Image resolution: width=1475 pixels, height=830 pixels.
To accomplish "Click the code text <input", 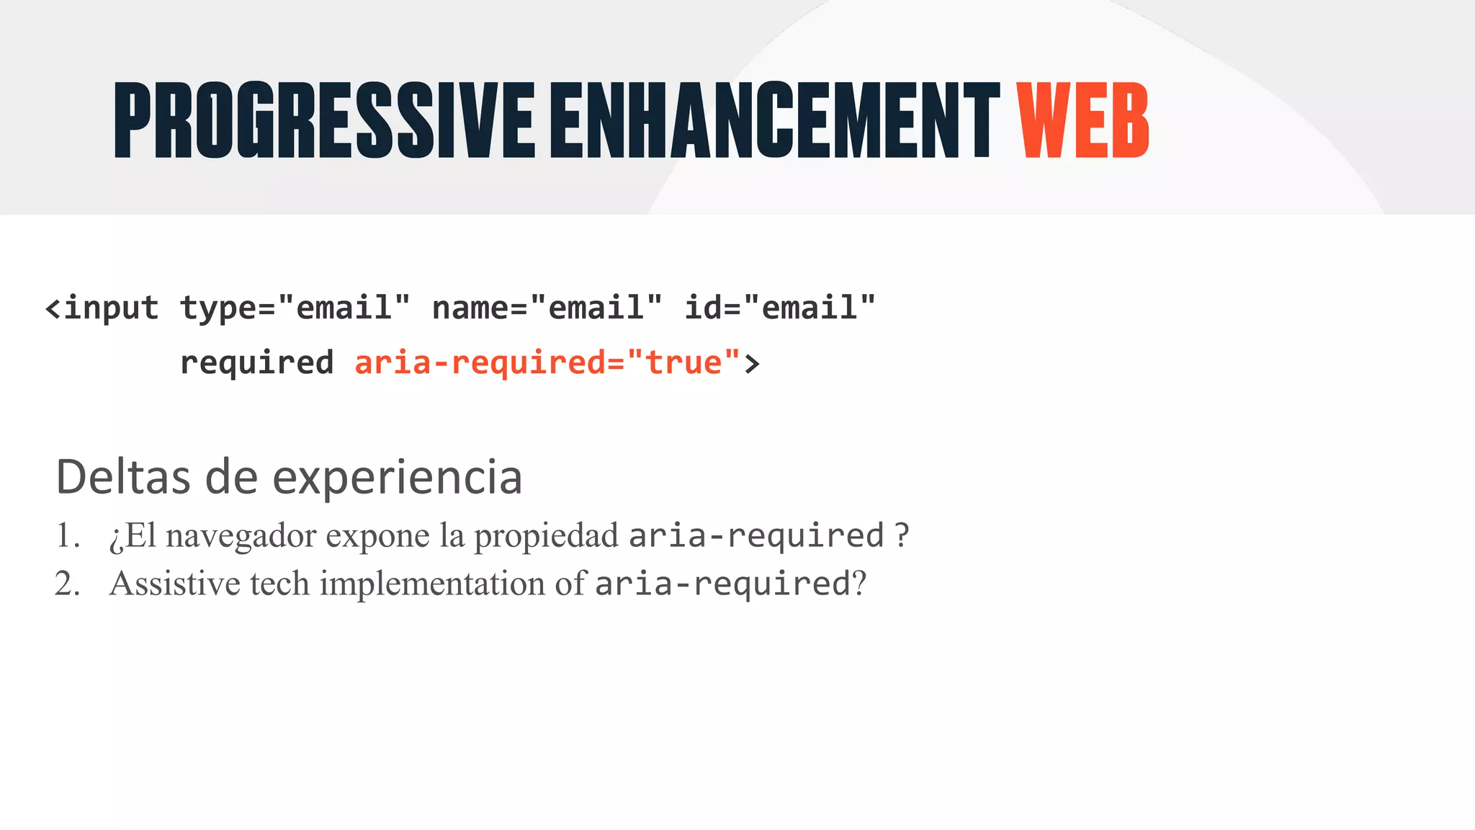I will click(x=102, y=308).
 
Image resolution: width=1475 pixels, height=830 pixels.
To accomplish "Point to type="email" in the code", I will click(x=295, y=308).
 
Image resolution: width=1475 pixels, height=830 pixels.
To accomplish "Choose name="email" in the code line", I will click(x=547, y=308).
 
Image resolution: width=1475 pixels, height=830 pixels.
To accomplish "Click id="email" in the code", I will click(x=779, y=308).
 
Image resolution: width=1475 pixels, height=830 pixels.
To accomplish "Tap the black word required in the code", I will click(x=256, y=362).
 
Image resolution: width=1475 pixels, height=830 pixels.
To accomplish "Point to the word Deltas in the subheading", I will click(x=123, y=477).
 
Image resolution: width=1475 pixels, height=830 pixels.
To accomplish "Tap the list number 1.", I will click(x=67, y=535).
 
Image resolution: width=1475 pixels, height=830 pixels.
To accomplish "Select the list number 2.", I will click(x=67, y=583).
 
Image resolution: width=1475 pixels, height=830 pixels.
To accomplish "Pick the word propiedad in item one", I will click(x=546, y=536).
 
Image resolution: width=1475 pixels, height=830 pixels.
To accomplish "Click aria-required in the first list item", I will click(x=756, y=536).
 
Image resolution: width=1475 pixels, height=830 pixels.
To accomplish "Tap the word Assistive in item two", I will click(x=174, y=583).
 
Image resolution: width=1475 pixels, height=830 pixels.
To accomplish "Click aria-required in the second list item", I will click(x=723, y=584).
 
